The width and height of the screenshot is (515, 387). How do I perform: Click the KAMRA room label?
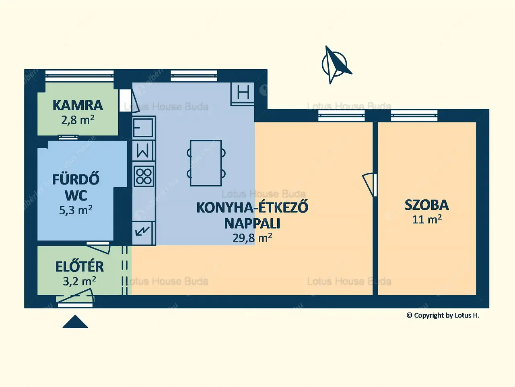coord(78,106)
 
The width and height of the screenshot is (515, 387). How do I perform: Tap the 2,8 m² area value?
coord(78,120)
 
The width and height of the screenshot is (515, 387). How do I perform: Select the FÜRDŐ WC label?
coord(76,187)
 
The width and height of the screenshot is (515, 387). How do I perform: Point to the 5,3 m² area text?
coord(76,210)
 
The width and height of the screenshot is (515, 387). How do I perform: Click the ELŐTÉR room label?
coord(79,267)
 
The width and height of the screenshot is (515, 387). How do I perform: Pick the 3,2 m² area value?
coord(79,281)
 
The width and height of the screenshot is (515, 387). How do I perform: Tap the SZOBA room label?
coord(426,205)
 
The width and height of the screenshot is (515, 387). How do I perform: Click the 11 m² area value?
coord(426,219)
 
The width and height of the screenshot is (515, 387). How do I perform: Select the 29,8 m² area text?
coord(252,238)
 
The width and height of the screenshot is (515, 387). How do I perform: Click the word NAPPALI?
coord(252,223)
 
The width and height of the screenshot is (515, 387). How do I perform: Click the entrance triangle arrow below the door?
coord(75,322)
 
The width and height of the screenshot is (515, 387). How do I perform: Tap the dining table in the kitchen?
coord(206,163)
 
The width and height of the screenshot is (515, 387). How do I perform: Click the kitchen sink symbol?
coord(143,127)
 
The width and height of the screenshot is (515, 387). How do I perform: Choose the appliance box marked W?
coord(143,151)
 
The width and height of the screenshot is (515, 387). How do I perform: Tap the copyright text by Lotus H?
coord(443,315)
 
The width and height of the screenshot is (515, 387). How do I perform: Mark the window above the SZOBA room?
coord(414,116)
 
